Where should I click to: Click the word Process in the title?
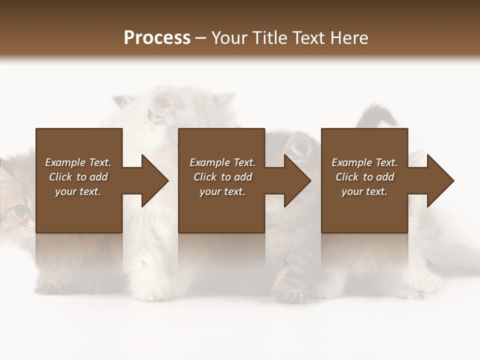(x=157, y=38)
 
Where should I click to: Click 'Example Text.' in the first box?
(x=78, y=162)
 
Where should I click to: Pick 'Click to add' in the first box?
(x=78, y=177)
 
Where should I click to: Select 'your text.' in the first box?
(x=78, y=191)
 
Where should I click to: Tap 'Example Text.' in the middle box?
(x=222, y=162)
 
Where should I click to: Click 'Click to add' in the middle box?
(x=222, y=177)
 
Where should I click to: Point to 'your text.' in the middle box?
(x=222, y=191)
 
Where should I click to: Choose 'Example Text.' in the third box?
(x=364, y=162)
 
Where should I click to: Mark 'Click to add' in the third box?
(x=364, y=177)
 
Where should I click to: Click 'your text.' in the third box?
(x=364, y=191)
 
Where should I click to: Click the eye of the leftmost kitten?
(x=20, y=211)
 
